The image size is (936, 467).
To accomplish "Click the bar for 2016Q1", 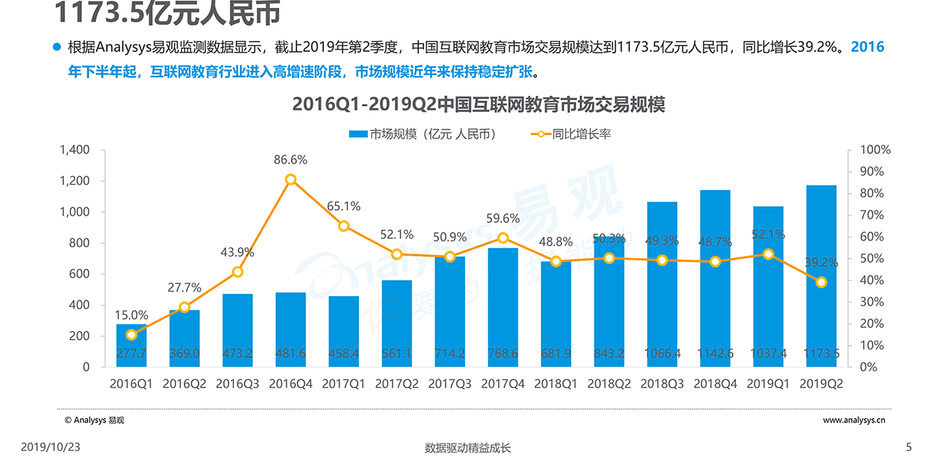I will pyautogui.click(x=132, y=346).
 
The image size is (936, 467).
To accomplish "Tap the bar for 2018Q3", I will pyautogui.click(x=662, y=284).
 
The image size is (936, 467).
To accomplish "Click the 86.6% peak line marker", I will pyautogui.click(x=290, y=179).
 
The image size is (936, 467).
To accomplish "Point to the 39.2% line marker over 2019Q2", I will pyautogui.click(x=821, y=282).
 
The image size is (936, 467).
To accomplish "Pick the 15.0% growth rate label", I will pyautogui.click(x=131, y=316).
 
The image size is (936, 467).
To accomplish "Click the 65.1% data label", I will pyautogui.click(x=344, y=207).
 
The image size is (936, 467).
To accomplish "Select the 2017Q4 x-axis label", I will pyautogui.click(x=502, y=384).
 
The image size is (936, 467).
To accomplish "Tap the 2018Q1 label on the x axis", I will pyautogui.click(x=556, y=384).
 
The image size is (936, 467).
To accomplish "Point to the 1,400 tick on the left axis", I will pyautogui.click(x=75, y=150).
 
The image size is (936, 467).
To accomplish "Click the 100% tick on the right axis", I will pyautogui.click(x=876, y=150).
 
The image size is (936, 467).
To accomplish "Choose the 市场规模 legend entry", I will pyautogui.click(x=422, y=134).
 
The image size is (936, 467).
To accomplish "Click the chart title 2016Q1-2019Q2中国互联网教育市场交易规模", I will pyautogui.click(x=478, y=105).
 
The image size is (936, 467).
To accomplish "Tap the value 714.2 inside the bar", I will pyautogui.click(x=450, y=354).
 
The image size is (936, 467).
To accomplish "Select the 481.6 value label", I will pyautogui.click(x=290, y=354).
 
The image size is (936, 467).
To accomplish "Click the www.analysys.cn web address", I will pyautogui.click(x=854, y=420).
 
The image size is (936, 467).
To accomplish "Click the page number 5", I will pyautogui.click(x=909, y=447).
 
